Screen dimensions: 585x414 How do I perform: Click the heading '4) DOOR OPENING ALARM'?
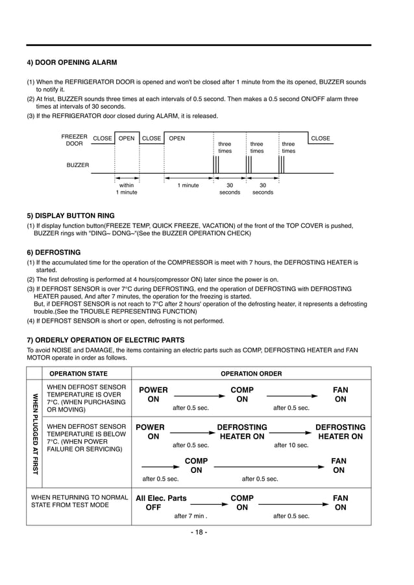[x=71, y=63]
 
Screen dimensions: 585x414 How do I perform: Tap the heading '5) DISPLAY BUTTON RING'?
[x=70, y=215]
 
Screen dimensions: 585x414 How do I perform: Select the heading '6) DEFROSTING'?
[x=53, y=252]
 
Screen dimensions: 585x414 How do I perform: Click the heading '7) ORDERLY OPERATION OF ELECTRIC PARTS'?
[x=105, y=339]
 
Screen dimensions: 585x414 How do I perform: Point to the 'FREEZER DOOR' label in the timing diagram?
[x=74, y=141]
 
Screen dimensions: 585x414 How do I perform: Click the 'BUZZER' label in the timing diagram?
[x=78, y=165]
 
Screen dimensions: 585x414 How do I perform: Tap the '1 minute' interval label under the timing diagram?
[x=188, y=185]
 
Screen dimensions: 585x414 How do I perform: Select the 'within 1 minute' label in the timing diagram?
[x=127, y=189]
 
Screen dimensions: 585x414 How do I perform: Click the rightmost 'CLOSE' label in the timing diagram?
[x=321, y=138]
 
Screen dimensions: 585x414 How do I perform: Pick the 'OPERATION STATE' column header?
[x=79, y=373]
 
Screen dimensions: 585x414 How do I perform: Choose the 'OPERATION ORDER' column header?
[x=251, y=373]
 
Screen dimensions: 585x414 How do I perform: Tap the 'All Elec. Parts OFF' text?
[x=161, y=503]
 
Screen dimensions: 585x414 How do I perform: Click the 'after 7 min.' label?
[x=191, y=516]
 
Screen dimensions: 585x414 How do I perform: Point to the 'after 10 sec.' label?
[x=291, y=445]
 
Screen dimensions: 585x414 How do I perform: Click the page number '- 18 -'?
[x=199, y=533]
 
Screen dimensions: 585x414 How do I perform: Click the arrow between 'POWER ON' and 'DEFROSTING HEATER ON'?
[x=193, y=432]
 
